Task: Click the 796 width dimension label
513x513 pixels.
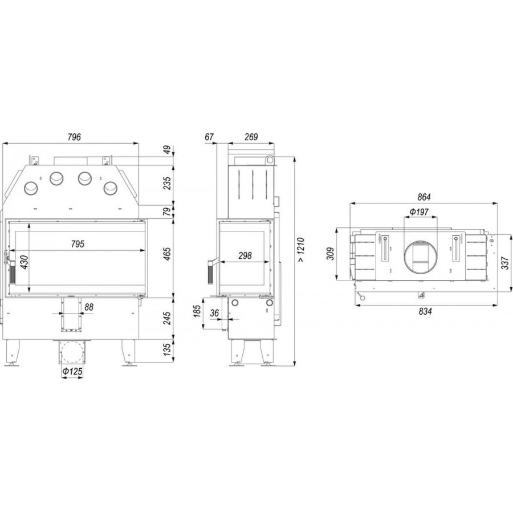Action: pos(74,137)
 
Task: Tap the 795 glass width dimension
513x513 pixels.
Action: pos(78,244)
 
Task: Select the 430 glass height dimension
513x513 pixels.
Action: pos(24,262)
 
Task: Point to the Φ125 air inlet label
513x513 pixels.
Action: pos(72,371)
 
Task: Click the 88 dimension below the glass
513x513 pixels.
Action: pos(89,307)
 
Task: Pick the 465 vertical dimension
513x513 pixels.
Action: pos(167,254)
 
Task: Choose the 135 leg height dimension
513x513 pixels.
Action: pos(167,350)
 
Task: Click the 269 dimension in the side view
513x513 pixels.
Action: pos(251,137)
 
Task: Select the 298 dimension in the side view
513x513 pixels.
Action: pos(245,255)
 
